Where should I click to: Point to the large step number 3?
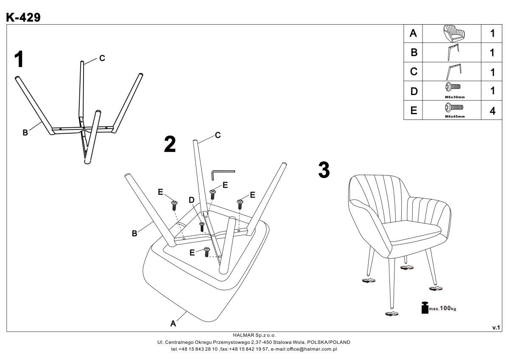point(324,170)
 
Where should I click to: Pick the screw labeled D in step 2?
point(202,226)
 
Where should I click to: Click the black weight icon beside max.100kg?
point(425,308)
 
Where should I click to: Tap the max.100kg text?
point(443,308)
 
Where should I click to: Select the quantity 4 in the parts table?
point(492,111)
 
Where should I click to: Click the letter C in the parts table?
point(414,72)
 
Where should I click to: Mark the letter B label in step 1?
point(25,133)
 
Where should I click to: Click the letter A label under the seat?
point(173,323)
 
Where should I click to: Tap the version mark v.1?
point(496,327)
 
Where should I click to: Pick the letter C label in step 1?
point(102,59)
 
